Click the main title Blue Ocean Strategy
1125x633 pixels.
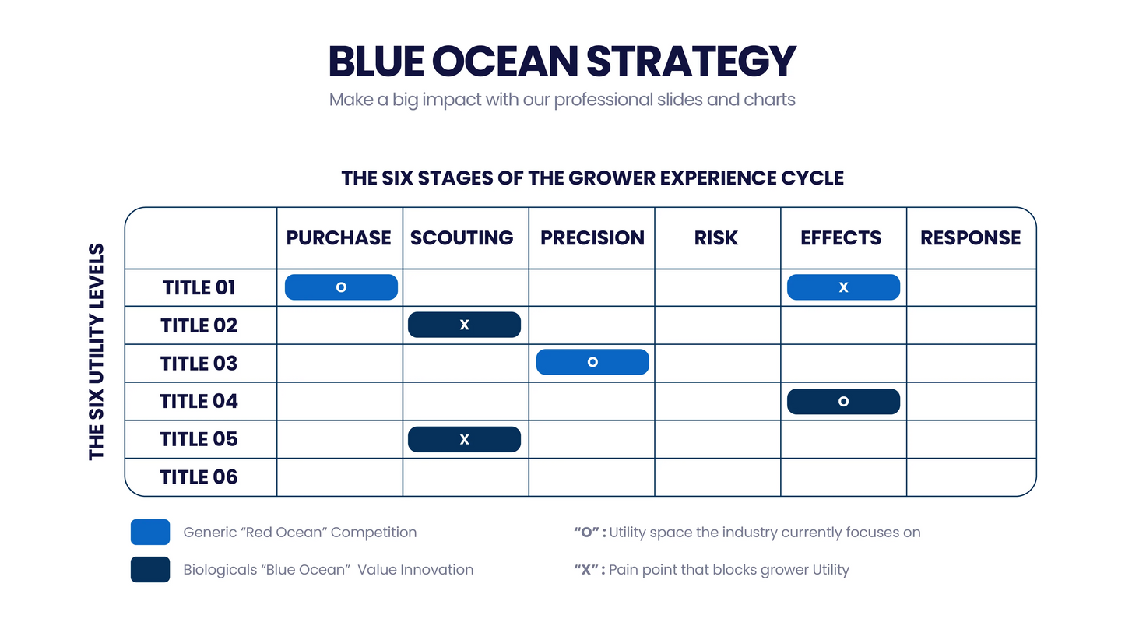tap(562, 62)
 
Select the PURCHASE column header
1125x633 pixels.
tap(339, 238)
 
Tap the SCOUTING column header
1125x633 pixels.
tap(462, 238)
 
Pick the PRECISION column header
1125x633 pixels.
tap(592, 238)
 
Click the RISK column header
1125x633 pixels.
tap(715, 238)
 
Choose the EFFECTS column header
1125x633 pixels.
tap(841, 238)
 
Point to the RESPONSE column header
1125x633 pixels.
tap(970, 238)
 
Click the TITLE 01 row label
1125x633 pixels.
tap(199, 288)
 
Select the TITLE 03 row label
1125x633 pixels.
tap(199, 364)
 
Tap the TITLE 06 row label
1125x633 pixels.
tap(199, 477)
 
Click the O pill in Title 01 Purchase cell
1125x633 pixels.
tap(341, 287)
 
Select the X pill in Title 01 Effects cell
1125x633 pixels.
tap(843, 287)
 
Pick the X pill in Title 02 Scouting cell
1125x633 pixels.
tap(464, 325)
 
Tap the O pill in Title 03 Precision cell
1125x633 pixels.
tap(592, 362)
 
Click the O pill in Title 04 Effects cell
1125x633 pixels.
tap(843, 401)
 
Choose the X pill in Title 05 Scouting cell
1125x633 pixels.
tap(464, 439)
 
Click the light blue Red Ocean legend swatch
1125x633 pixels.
tap(150, 532)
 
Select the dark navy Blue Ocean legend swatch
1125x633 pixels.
tap(150, 569)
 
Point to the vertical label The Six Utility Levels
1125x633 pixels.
tap(97, 352)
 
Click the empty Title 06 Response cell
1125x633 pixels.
tap(971, 477)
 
